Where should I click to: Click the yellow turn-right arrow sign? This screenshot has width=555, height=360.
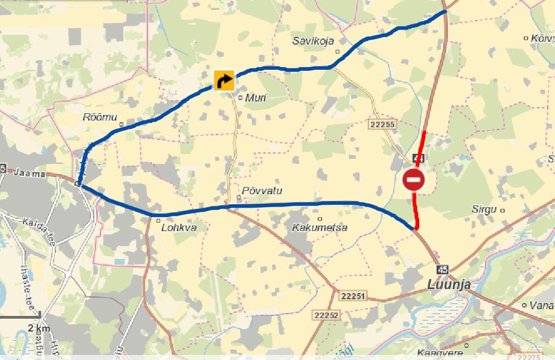click(x=224, y=80)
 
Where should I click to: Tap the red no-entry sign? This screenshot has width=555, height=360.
click(x=414, y=180)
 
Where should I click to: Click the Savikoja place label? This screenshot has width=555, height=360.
click(x=313, y=41)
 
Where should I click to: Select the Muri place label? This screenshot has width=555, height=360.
click(x=256, y=98)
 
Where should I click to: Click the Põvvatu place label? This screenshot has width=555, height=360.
click(x=262, y=191)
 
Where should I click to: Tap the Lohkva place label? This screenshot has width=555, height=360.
click(x=179, y=228)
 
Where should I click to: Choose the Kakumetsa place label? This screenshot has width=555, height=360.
click(x=320, y=227)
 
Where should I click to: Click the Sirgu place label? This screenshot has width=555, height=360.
click(x=484, y=210)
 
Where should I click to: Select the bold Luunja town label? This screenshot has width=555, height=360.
click(x=449, y=285)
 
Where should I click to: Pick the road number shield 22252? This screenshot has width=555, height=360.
click(x=327, y=315)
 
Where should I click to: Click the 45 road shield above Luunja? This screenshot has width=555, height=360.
click(x=443, y=269)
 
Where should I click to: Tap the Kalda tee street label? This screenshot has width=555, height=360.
click(x=39, y=231)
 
